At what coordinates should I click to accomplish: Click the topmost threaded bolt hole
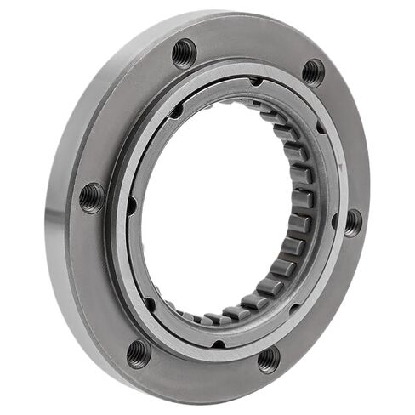click(x=184, y=54)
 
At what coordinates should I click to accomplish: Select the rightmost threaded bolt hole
click(x=351, y=223)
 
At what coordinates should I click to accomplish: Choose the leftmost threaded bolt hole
click(x=92, y=197)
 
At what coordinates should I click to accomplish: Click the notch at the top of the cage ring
click(x=256, y=82)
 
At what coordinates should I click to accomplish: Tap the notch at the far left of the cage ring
click(x=131, y=204)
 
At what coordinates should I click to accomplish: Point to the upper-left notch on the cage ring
click(x=174, y=111)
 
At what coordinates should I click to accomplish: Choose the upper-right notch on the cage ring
click(x=320, y=128)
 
